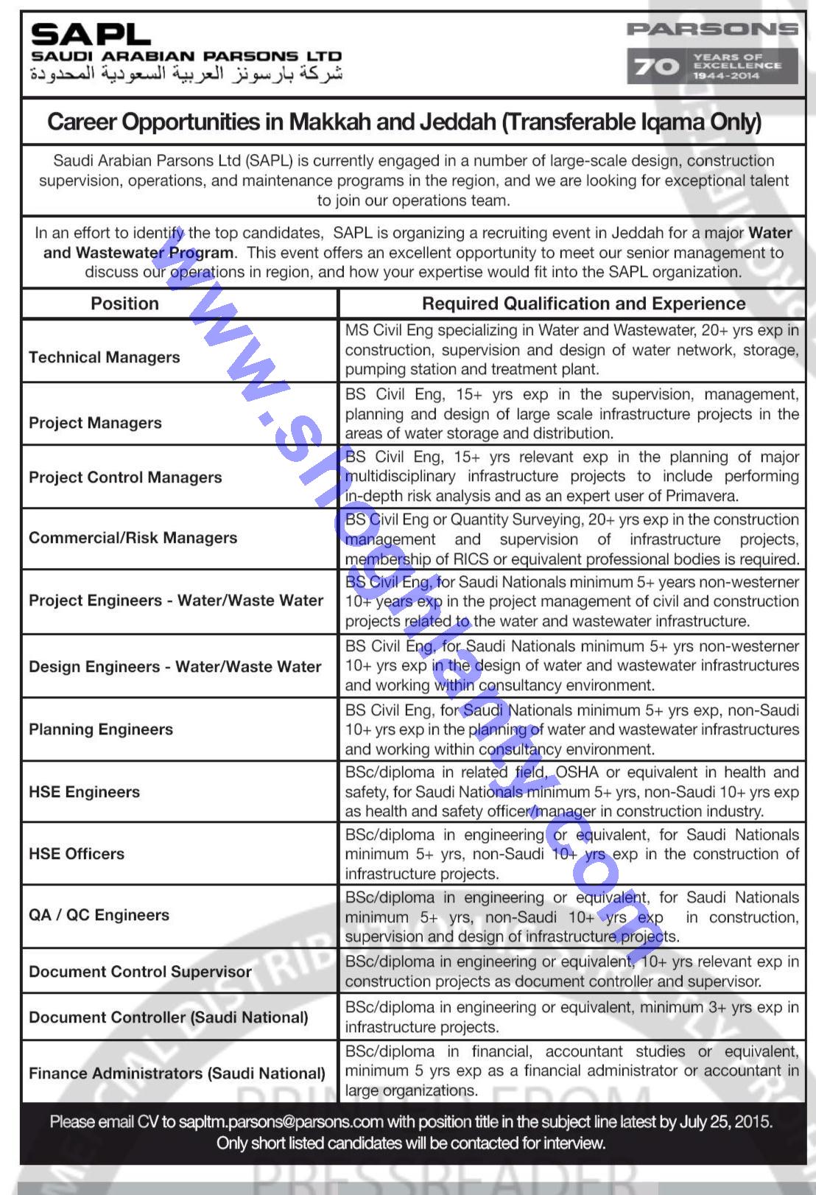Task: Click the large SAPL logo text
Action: [x=91, y=34]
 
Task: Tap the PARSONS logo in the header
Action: [x=712, y=29]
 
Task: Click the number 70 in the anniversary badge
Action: [x=656, y=66]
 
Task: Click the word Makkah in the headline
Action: [x=330, y=122]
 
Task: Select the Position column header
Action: [x=124, y=304]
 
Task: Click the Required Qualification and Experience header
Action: [x=583, y=304]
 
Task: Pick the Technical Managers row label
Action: [x=105, y=357]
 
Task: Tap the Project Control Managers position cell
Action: [x=125, y=477]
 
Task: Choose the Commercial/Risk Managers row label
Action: [x=133, y=538]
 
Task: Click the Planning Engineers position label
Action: [x=101, y=729]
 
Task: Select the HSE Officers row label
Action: [x=77, y=854]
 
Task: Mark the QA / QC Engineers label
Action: [x=99, y=915]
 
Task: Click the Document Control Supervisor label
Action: [x=140, y=972]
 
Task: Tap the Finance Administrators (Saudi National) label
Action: [x=177, y=1073]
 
